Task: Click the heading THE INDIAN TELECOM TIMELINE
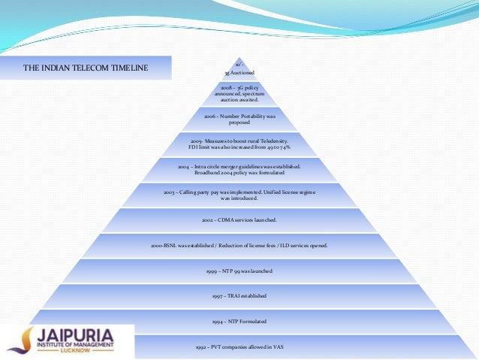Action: click(86, 68)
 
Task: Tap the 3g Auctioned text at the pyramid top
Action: click(239, 73)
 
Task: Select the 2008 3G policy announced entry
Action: click(239, 93)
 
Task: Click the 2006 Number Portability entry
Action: click(239, 119)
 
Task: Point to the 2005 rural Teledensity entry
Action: click(239, 144)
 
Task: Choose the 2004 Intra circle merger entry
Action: click(239, 168)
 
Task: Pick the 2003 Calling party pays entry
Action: click(239, 195)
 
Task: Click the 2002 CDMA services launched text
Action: click(239, 219)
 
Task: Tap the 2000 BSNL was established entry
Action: click(239, 245)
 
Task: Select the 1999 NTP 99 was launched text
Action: click(239, 270)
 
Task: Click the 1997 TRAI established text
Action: click(239, 295)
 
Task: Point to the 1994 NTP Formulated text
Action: click(239, 321)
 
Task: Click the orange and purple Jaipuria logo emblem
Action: click(26, 340)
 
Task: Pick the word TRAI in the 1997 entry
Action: click(235, 295)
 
